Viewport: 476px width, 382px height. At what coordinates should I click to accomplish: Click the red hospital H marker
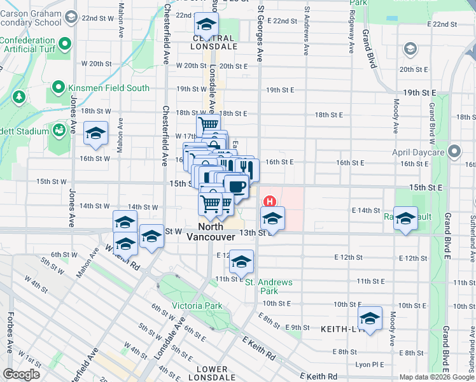270,202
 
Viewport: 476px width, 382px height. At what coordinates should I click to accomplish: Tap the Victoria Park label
197,306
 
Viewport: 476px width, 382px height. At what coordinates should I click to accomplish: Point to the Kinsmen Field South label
109,88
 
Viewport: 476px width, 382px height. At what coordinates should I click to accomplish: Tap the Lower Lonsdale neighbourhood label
212,374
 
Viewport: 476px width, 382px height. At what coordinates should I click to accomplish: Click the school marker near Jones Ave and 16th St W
95,134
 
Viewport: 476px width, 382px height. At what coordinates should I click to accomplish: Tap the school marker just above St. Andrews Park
241,262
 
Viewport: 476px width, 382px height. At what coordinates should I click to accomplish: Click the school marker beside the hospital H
272,218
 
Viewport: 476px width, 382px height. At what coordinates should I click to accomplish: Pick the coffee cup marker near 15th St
236,187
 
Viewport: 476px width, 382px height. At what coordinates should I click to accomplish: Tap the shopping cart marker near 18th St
208,126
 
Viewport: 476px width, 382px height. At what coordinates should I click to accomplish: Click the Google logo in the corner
21,374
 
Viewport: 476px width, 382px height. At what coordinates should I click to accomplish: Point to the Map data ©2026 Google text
437,377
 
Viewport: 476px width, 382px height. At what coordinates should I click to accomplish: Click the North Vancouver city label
211,231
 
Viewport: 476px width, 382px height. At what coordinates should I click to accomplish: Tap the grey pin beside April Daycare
454,152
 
